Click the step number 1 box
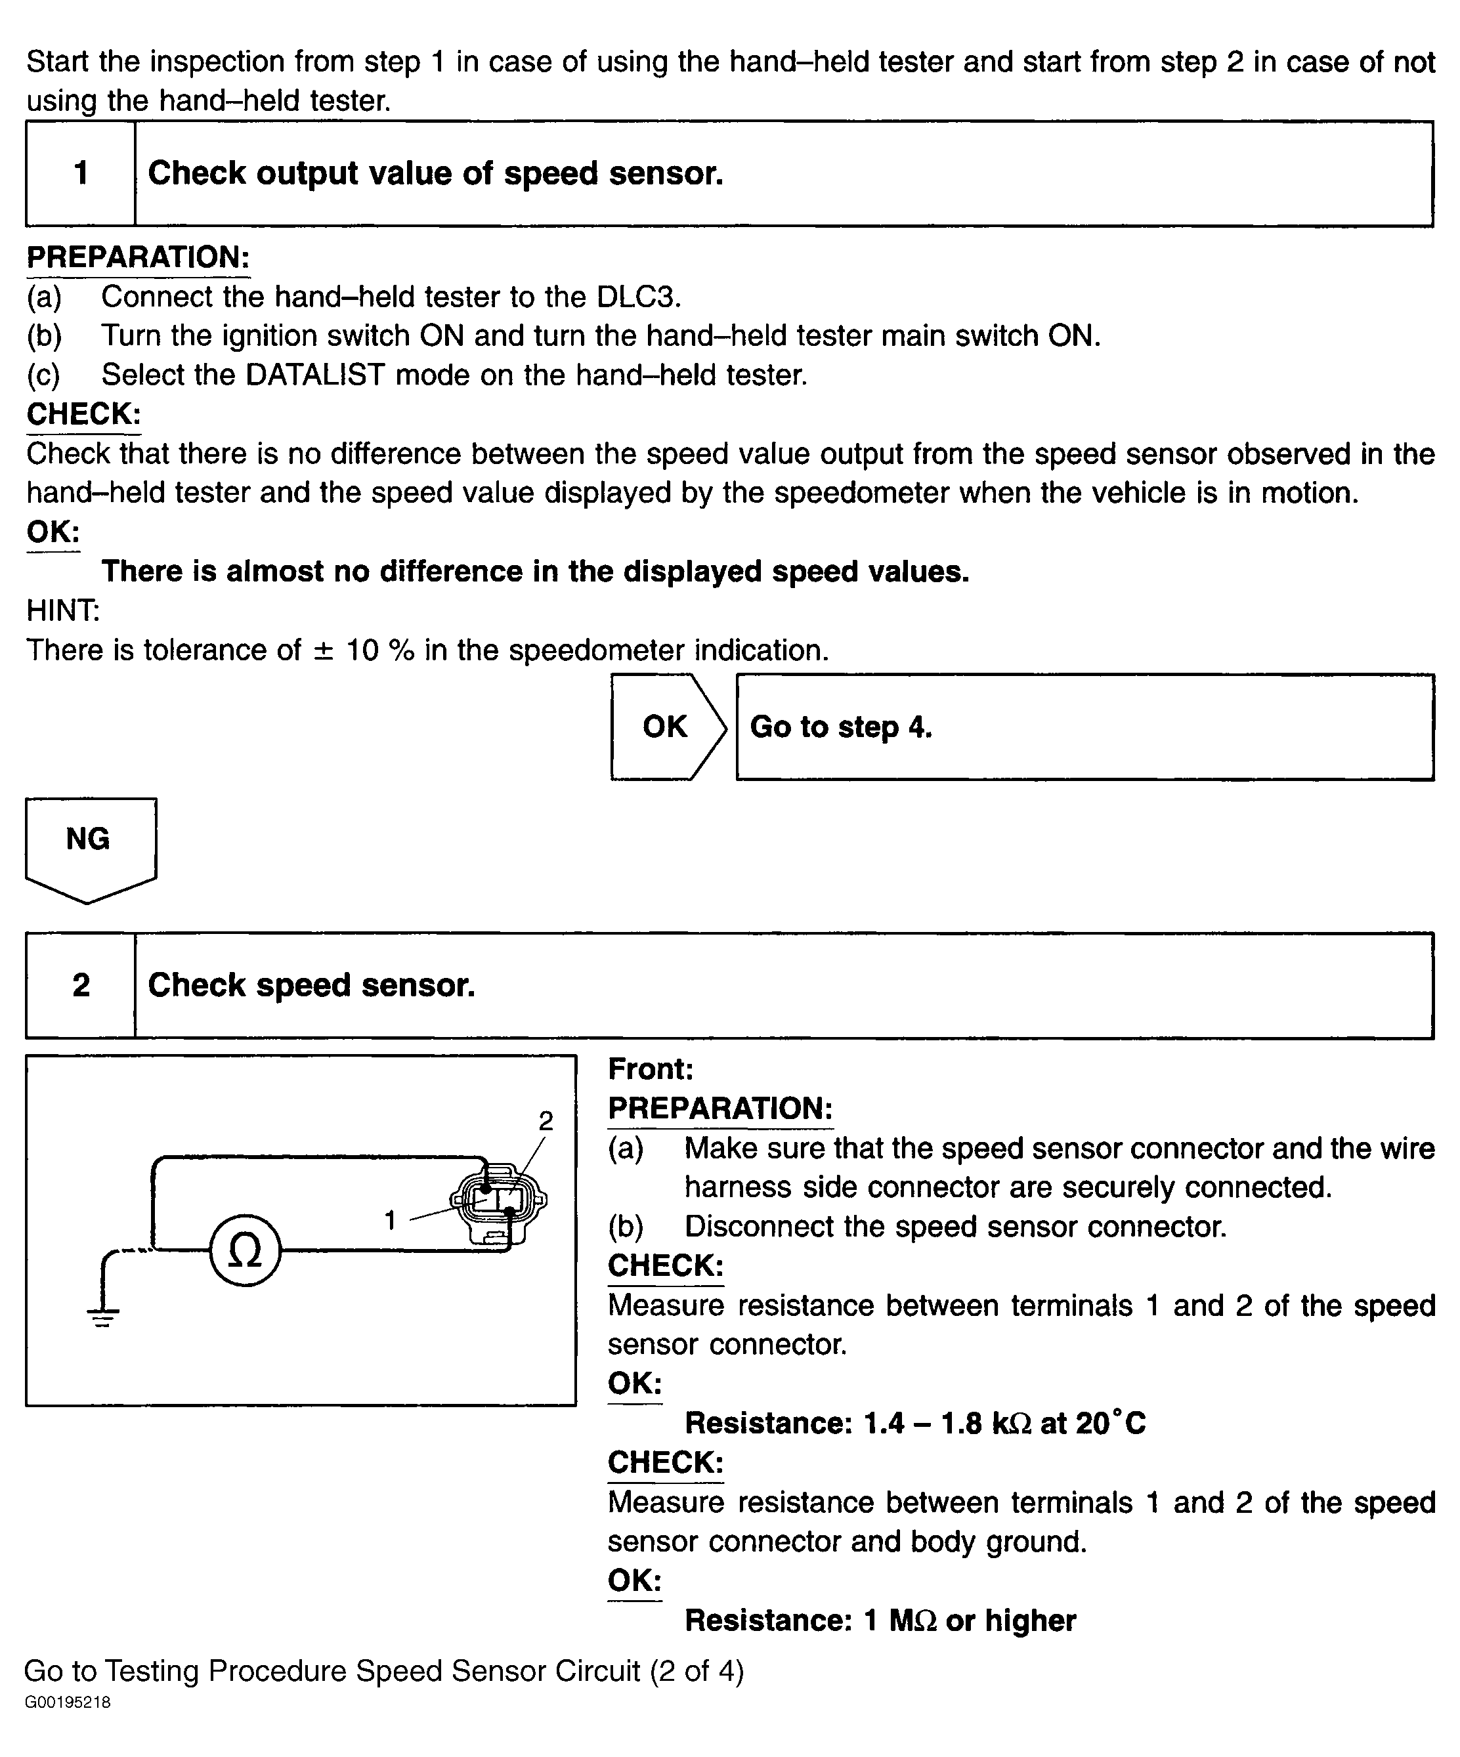click(80, 173)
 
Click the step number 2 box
click(80, 984)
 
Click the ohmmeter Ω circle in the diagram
click(245, 1251)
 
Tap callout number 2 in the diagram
click(546, 1121)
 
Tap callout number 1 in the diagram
click(390, 1221)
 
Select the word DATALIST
click(314, 375)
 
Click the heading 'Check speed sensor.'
click(311, 984)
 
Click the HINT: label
click(63, 611)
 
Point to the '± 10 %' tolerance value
click(364, 650)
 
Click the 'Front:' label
click(650, 1069)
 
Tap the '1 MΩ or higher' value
click(970, 1620)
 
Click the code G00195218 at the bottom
click(67, 1703)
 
